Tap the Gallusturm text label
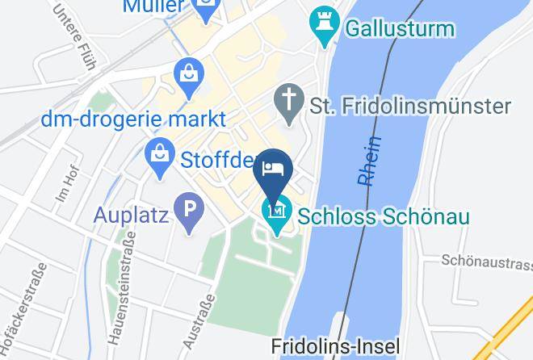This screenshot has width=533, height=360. tap(400, 30)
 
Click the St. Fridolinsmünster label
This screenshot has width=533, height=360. tap(411, 107)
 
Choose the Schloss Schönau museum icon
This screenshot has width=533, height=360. tap(278, 214)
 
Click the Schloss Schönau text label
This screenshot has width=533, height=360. tap(384, 216)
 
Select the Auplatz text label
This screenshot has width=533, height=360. tap(130, 216)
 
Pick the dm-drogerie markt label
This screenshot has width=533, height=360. tap(133, 119)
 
